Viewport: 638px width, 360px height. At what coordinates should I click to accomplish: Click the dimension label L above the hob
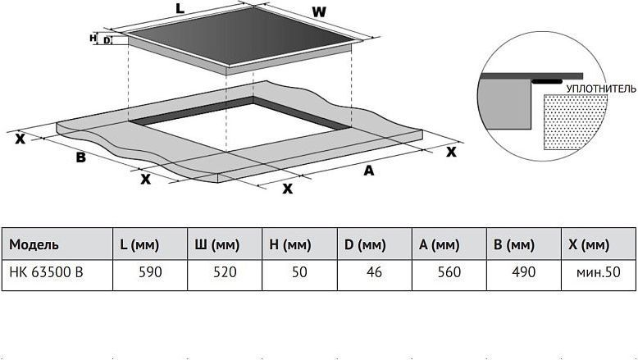[x=180, y=8]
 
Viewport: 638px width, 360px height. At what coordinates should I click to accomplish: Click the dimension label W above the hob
[x=319, y=12]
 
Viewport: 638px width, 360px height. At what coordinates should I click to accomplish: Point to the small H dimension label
[x=93, y=38]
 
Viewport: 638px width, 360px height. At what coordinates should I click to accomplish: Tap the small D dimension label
[x=107, y=40]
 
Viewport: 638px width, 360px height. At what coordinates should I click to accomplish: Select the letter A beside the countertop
[x=369, y=171]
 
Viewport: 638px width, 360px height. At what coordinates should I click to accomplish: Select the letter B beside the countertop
[x=81, y=157]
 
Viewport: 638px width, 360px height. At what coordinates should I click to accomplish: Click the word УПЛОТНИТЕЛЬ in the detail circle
[x=601, y=89]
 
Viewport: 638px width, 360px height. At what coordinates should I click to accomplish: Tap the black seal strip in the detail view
[x=548, y=81]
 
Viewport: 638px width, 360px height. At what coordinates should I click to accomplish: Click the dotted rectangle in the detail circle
[x=575, y=121]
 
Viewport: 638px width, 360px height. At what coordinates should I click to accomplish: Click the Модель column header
[x=34, y=245]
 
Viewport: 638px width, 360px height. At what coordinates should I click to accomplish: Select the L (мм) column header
[x=139, y=245]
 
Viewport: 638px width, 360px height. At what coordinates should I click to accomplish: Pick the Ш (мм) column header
[x=217, y=245]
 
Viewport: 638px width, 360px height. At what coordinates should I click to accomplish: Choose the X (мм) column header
[x=589, y=245]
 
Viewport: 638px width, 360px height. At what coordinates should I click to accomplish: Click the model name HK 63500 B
[x=46, y=272]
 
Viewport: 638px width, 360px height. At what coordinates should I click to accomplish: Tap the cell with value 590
[x=150, y=272]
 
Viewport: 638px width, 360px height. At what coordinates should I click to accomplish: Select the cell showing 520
[x=225, y=272]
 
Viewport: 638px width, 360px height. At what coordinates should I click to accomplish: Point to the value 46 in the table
[x=374, y=272]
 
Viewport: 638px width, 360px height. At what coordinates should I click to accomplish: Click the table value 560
[x=449, y=272]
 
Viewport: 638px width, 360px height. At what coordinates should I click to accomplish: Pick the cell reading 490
[x=524, y=272]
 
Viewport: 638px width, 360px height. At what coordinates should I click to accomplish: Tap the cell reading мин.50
[x=599, y=272]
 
